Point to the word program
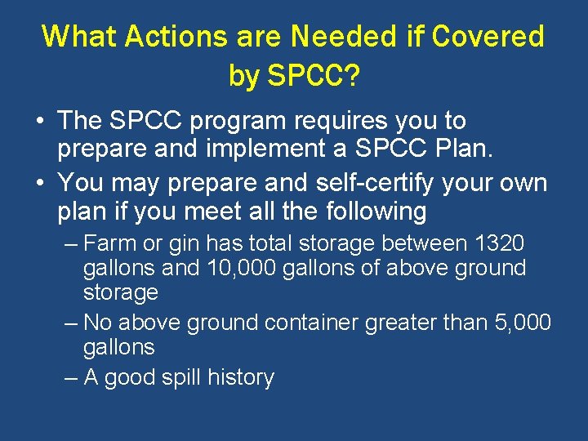(x=244, y=122)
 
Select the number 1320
(x=499, y=243)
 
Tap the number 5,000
(x=523, y=323)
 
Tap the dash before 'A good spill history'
(x=72, y=378)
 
